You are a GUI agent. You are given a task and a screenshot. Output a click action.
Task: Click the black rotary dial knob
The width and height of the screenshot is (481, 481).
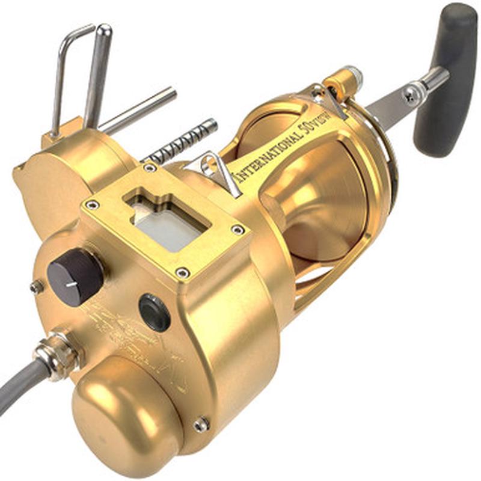(75, 276)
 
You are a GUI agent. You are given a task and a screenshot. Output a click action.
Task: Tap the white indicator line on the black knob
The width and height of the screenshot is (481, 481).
(72, 283)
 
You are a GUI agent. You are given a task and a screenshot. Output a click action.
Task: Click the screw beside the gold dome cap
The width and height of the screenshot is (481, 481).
(201, 424)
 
